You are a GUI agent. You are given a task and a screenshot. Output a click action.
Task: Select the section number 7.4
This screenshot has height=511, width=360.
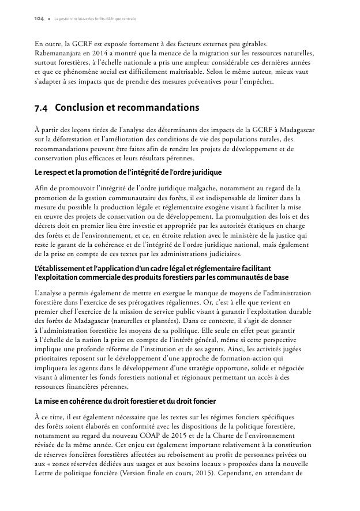click(42, 108)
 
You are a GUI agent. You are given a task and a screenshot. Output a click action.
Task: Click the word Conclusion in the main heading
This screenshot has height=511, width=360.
click(82, 108)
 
